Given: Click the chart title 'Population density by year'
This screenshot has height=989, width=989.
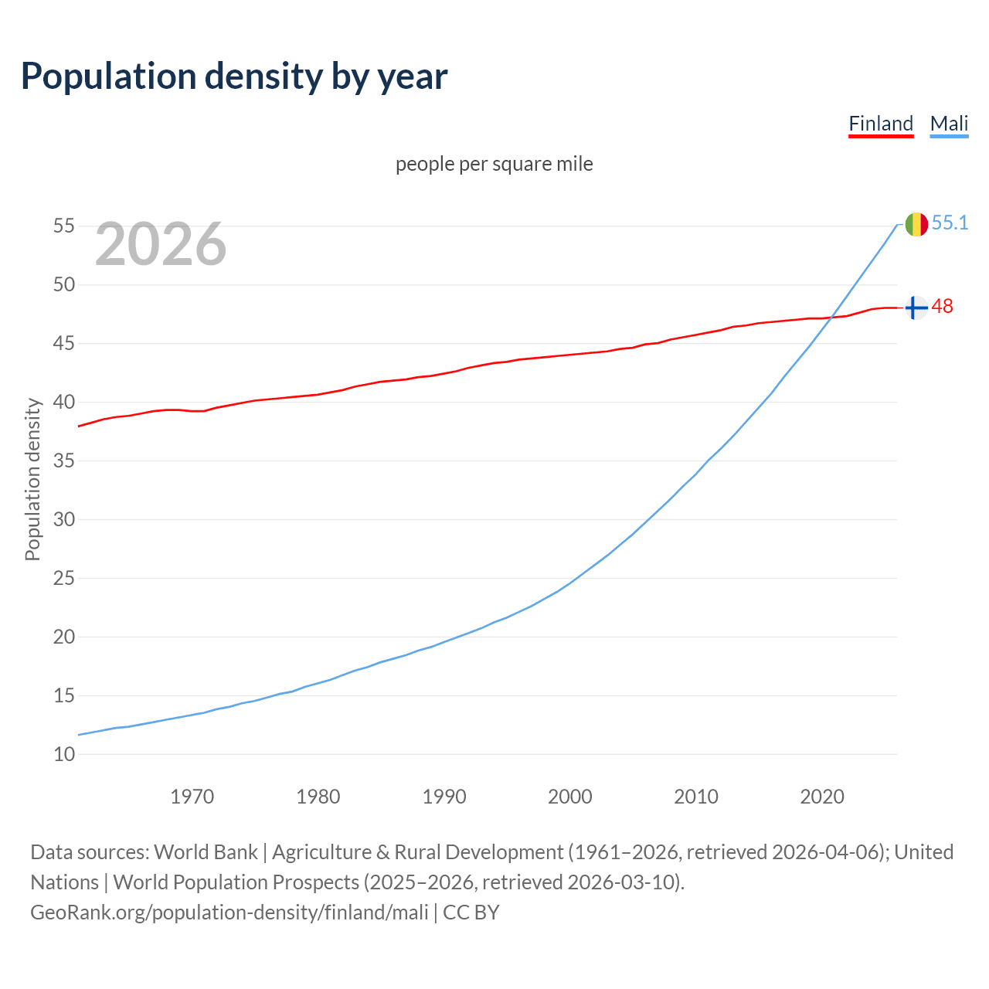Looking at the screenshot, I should (234, 76).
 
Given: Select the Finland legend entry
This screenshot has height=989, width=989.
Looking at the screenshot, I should (881, 124).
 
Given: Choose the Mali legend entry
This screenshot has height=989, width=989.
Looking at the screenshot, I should (949, 124).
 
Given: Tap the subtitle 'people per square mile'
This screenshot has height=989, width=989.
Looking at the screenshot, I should (494, 164).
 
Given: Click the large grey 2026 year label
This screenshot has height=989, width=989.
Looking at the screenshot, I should (161, 244).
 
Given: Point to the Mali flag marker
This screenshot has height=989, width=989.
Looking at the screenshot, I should (916, 224).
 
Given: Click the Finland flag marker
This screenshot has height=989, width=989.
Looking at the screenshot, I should (916, 308).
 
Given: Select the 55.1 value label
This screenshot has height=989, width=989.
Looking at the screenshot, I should (950, 223).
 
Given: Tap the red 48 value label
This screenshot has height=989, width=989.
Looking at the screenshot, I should (942, 307).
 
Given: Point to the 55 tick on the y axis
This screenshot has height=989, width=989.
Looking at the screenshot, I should (64, 226).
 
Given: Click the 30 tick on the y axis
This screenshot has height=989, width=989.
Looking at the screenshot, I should (64, 519).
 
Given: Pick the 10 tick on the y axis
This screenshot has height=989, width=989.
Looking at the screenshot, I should (64, 754).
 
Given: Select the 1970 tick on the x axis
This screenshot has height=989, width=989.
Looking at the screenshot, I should (192, 797).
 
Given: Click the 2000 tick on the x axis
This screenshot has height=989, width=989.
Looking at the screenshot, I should (569, 797).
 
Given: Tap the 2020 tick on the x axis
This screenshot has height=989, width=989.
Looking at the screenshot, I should (821, 797).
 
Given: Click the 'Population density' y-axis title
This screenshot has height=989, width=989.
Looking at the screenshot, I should (32, 479).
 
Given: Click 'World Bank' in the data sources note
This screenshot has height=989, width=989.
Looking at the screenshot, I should (206, 852).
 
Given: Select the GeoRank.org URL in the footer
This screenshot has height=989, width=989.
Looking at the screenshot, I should (229, 913).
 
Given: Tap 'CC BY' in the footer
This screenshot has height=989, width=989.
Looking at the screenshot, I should (471, 913).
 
